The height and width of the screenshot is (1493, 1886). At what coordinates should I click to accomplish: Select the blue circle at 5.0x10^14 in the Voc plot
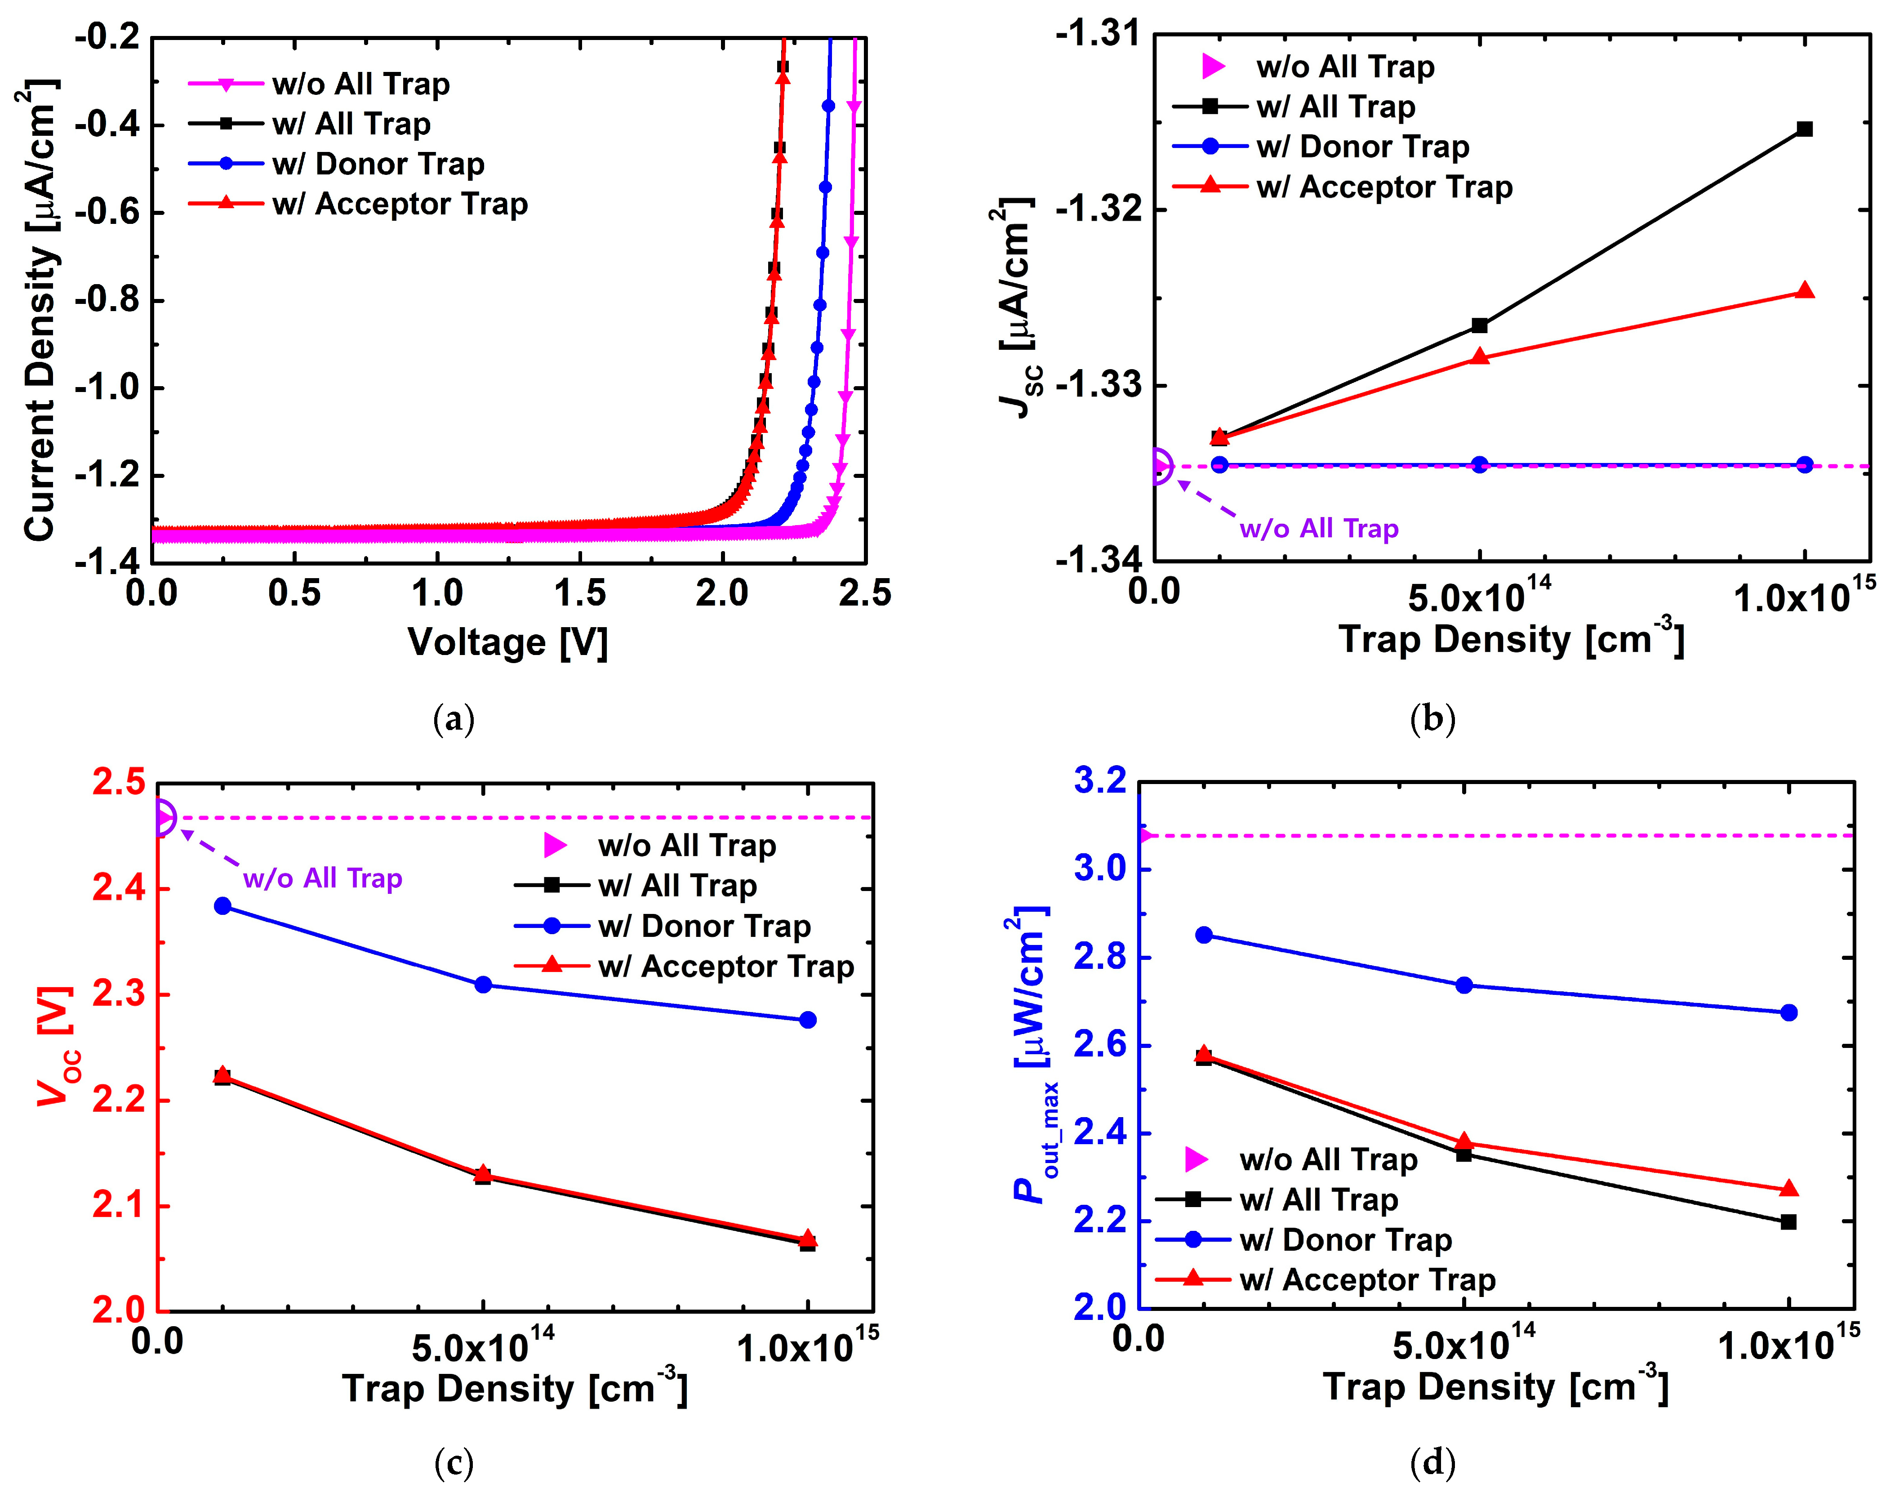482,985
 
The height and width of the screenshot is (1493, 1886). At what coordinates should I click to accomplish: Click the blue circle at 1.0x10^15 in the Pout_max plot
1789,1012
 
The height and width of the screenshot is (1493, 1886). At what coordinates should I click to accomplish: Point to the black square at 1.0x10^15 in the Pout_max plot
1789,1222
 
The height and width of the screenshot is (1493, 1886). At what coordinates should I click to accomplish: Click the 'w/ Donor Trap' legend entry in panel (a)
378,164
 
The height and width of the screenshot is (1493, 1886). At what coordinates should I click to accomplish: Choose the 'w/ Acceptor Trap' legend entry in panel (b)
1383,187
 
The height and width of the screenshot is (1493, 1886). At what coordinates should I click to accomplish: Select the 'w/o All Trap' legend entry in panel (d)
1328,1160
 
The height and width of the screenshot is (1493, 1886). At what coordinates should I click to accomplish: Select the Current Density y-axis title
39,310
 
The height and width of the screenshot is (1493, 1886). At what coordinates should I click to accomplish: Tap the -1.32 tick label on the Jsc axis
1098,210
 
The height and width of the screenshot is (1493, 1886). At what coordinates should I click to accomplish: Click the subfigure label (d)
1432,1462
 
